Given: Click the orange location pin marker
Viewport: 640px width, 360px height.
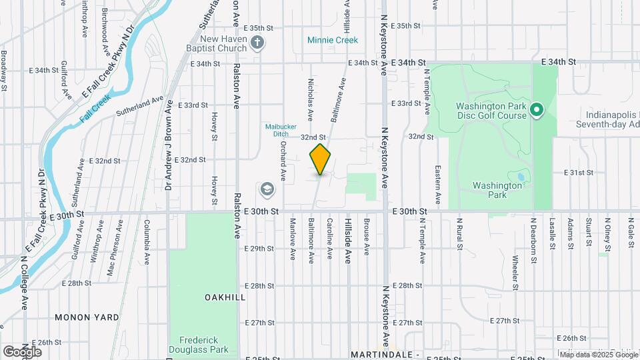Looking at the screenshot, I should click(320, 159).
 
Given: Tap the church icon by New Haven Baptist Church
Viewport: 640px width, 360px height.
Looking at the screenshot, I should click(258, 43).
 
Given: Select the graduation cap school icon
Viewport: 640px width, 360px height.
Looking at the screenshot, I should click(267, 190).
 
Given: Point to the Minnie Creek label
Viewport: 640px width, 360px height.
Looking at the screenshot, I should click(333, 40).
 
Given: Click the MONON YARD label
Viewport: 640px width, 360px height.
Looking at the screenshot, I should click(87, 317).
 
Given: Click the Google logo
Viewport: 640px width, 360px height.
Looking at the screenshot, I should click(22, 351).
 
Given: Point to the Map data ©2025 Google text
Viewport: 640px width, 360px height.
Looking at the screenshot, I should click(598, 354).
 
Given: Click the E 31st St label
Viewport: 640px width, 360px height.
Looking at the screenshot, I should click(578, 172).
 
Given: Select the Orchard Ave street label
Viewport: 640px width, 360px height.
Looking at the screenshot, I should click(283, 161).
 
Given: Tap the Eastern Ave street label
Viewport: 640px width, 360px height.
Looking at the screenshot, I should click(438, 185).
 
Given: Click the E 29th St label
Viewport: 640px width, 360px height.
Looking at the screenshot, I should click(259, 249).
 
